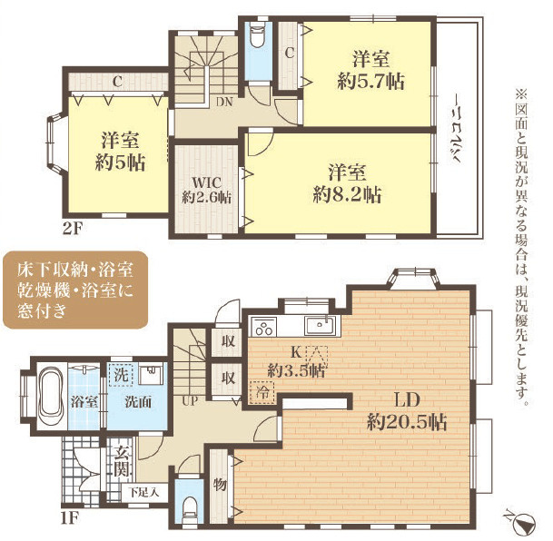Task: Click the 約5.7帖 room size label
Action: coord(370,82)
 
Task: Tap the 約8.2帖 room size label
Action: coord(347,195)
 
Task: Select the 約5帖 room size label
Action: coord(120,162)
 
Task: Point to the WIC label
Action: coord(206,183)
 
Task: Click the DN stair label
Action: coord(224,102)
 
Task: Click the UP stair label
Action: coord(190,400)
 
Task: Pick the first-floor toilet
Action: coord(190,508)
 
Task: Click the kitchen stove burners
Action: coord(264,327)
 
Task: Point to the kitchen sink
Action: coord(321,325)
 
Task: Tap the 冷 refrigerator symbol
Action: coord(262,392)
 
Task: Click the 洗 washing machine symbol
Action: coord(121,375)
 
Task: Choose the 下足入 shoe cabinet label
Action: coord(143,492)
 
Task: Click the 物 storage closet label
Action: coord(220,485)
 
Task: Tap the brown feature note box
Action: coord(74,290)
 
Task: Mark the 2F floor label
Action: coord(73,230)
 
